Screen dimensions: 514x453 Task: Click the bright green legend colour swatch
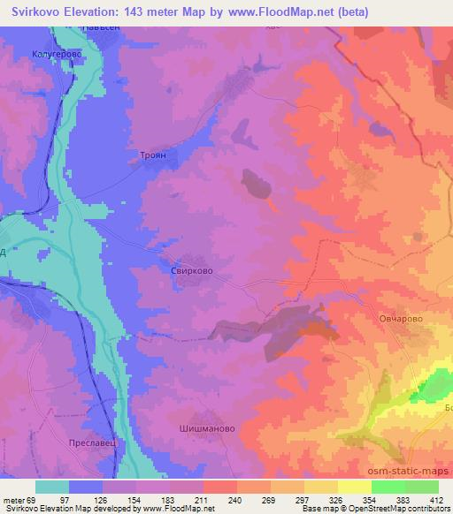388,488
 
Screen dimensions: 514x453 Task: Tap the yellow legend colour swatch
355,488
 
